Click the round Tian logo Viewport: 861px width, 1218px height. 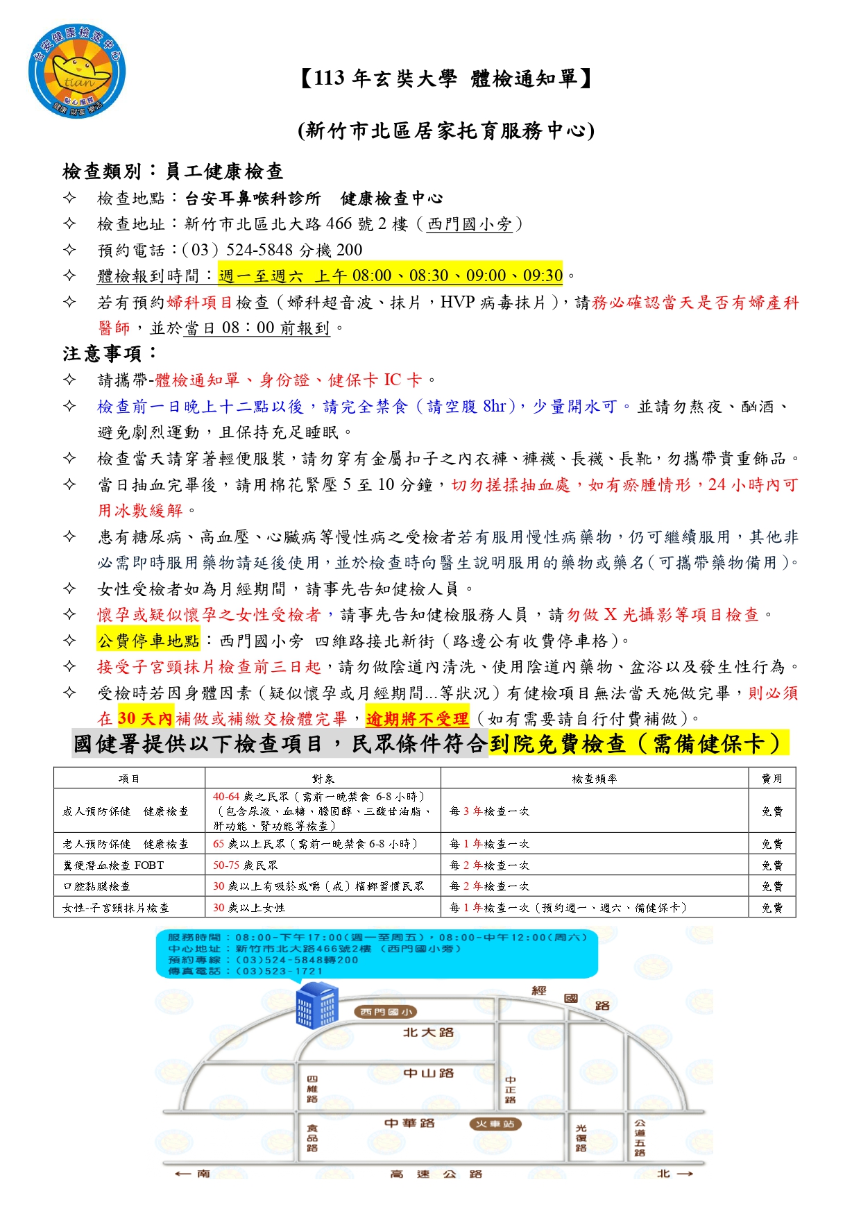click(77, 72)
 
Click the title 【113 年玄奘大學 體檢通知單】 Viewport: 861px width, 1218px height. click(446, 78)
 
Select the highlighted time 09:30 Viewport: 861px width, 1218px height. click(543, 276)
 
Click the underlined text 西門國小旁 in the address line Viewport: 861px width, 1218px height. click(470, 224)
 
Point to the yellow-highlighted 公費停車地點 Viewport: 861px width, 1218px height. click(148, 641)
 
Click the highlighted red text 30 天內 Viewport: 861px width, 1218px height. click(144, 718)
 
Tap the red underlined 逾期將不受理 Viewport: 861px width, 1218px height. click(417, 718)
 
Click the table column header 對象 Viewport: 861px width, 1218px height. click(323, 779)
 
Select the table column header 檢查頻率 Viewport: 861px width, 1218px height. click(594, 779)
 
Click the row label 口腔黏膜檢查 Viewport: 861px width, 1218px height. click(96, 886)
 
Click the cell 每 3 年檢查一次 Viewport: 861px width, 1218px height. click(489, 811)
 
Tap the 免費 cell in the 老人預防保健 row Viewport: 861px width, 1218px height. click(772, 844)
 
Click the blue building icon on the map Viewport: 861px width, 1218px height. click(316, 1008)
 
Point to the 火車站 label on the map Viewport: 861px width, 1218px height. click(495, 1124)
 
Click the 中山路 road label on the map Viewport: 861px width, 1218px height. click(428, 1073)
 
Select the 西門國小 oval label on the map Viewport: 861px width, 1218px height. click(386, 1012)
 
